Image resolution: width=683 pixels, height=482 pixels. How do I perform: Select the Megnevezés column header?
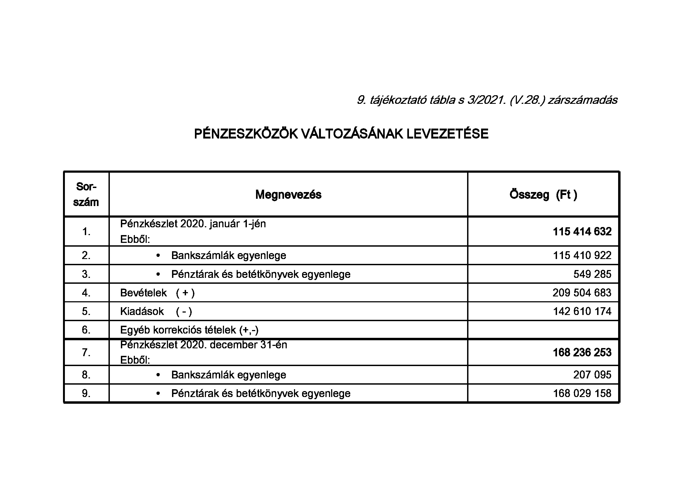[x=288, y=195]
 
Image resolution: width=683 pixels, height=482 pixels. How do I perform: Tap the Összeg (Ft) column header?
[x=543, y=195]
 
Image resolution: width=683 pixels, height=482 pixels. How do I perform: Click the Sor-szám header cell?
[x=86, y=194]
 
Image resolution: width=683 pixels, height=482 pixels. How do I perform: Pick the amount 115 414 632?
[x=582, y=232]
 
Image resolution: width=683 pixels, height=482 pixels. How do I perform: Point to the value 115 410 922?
[x=582, y=255]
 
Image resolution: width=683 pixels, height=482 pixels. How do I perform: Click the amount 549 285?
[x=592, y=274]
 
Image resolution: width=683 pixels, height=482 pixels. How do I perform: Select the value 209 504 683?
[x=582, y=293]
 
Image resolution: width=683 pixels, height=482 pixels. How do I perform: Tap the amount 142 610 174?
[x=582, y=311]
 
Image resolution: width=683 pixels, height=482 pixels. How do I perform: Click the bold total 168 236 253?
[x=582, y=352]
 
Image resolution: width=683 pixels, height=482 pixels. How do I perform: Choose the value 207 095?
[x=592, y=375]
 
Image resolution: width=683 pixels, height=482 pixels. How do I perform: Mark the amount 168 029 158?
[x=582, y=394]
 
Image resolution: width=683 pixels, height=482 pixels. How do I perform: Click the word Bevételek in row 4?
[x=143, y=293]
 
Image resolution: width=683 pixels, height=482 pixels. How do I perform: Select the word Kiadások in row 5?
[x=142, y=311]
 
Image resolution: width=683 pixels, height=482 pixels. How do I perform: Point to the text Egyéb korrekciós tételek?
[x=189, y=330]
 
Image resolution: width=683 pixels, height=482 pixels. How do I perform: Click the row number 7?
[x=86, y=352]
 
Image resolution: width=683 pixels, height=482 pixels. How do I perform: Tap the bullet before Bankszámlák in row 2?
[x=158, y=256]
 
